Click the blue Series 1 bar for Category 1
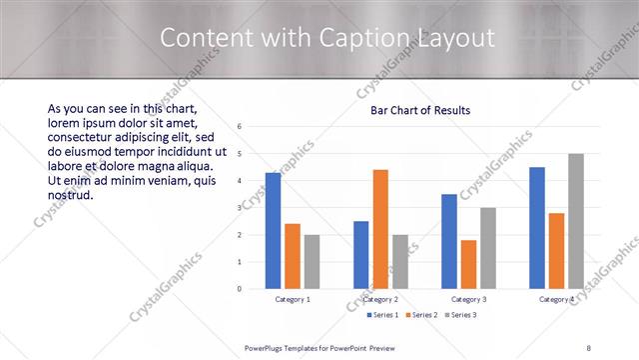click(273, 230)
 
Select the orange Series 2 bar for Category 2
click(380, 229)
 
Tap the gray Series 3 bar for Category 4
click(576, 221)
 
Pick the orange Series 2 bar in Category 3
click(468, 264)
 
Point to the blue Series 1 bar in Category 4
click(537, 227)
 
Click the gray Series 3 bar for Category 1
click(312, 261)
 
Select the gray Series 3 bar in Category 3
click(488, 248)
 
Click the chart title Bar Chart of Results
click(420, 111)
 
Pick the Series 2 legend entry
click(420, 315)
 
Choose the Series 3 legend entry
click(460, 315)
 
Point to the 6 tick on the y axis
click(240, 127)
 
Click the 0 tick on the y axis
click(240, 289)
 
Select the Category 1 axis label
click(293, 299)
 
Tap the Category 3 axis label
click(468, 299)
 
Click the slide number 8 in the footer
click(588, 347)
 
